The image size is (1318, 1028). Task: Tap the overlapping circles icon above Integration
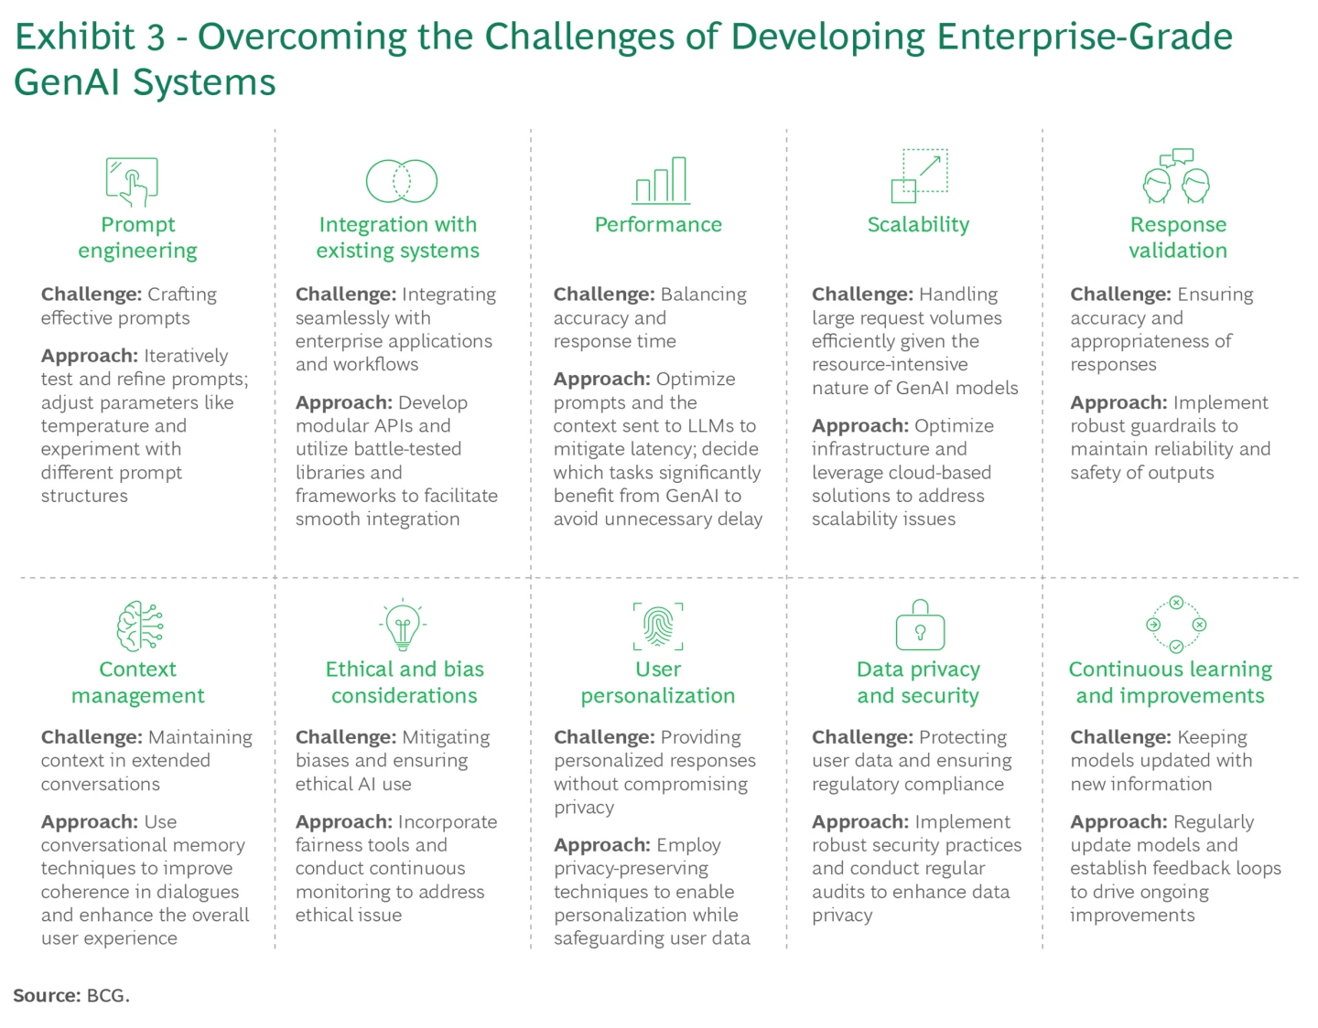(x=401, y=180)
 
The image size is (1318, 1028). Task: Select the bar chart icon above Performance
(x=661, y=180)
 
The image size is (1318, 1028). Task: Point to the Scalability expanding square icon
(x=919, y=176)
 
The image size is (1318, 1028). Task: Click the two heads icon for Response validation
(x=1177, y=177)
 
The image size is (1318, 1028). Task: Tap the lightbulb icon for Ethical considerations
(x=402, y=626)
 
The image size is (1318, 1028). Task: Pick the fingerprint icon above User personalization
(x=658, y=626)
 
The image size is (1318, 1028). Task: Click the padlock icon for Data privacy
(x=920, y=626)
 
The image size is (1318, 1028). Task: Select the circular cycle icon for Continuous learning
(x=1176, y=625)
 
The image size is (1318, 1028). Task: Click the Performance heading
(x=658, y=225)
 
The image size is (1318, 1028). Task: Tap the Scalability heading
(x=918, y=225)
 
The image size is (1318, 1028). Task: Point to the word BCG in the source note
(x=106, y=996)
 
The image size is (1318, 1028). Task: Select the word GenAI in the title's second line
(x=69, y=82)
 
